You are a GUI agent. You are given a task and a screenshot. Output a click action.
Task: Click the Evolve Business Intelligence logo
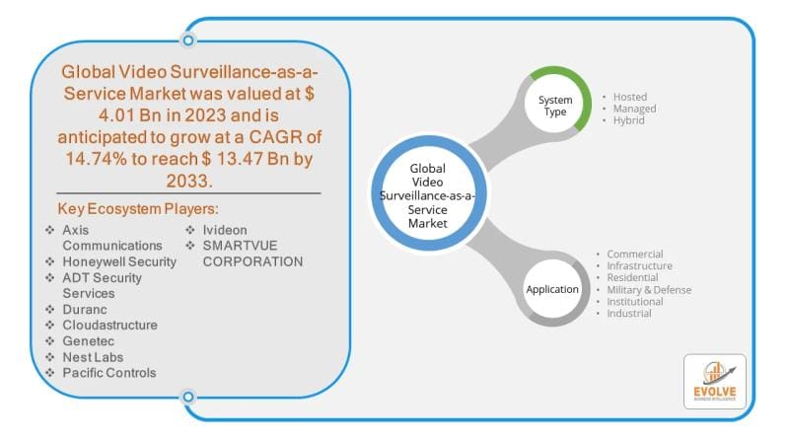(x=714, y=382)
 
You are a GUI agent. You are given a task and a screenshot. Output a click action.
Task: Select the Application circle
(x=552, y=289)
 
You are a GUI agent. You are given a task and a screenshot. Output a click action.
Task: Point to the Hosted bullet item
(x=629, y=97)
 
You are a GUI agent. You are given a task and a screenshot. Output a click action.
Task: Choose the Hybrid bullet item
(x=628, y=120)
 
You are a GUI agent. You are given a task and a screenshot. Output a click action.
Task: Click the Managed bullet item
(x=634, y=109)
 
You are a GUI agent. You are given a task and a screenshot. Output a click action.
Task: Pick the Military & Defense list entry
(x=649, y=290)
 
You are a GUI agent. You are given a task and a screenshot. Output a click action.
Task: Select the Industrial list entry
(x=629, y=314)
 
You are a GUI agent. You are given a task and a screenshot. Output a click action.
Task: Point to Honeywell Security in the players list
(x=119, y=261)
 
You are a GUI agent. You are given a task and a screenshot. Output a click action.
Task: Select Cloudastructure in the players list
(x=109, y=325)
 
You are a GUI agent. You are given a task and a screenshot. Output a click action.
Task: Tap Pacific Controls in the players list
(x=108, y=372)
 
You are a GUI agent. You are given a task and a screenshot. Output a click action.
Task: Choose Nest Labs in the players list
(x=93, y=356)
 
